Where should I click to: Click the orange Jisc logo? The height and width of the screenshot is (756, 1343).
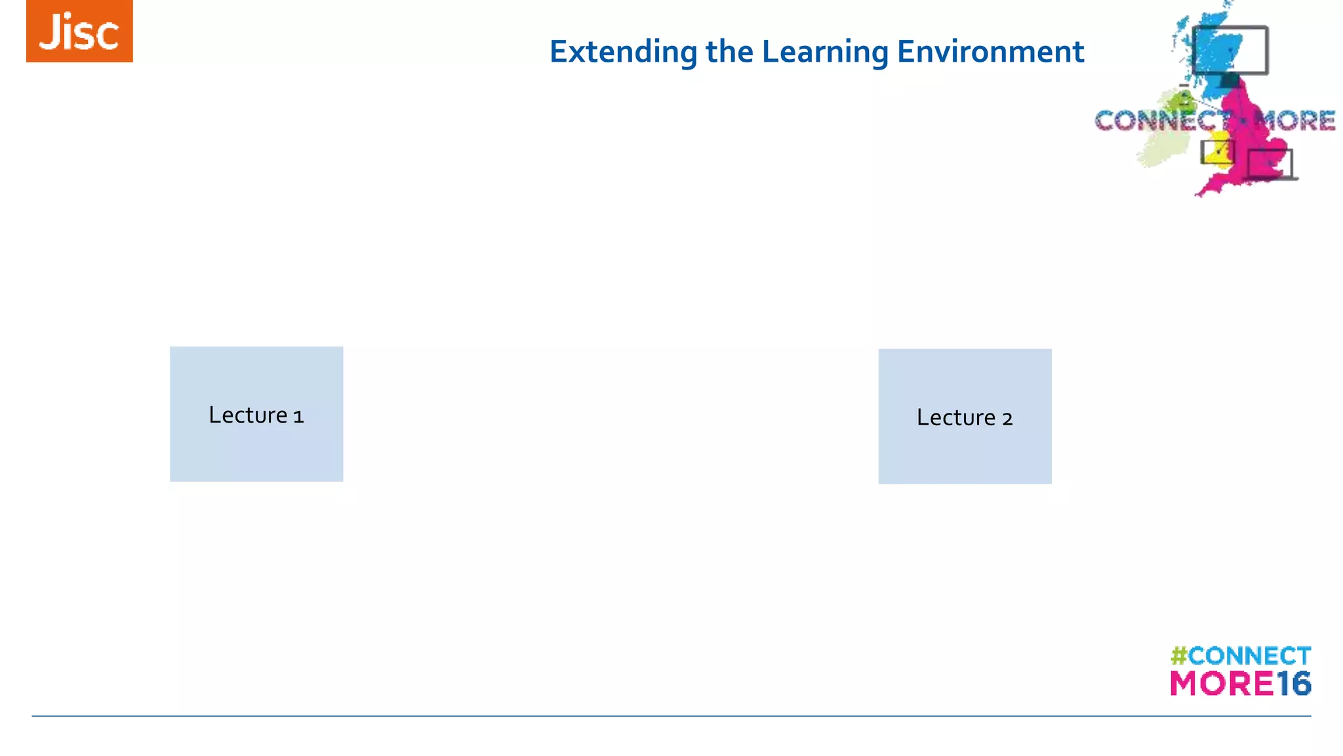79,31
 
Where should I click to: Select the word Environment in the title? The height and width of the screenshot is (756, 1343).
990,52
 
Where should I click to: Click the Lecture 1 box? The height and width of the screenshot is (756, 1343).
256,446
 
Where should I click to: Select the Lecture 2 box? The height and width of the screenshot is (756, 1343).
965,453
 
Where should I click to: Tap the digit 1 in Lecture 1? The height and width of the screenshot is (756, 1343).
298,417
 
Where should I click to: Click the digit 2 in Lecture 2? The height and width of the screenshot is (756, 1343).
1007,419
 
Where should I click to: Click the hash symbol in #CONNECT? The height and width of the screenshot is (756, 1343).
1178,656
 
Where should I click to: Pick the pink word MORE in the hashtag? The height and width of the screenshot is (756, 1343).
1222,684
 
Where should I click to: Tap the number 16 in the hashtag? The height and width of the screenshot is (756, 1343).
1293,684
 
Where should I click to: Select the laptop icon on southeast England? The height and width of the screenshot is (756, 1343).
1270,164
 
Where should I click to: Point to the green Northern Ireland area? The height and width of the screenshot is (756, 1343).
1180,102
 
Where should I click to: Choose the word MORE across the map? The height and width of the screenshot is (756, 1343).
1294,121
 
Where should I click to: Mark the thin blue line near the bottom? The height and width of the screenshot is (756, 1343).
671,716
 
